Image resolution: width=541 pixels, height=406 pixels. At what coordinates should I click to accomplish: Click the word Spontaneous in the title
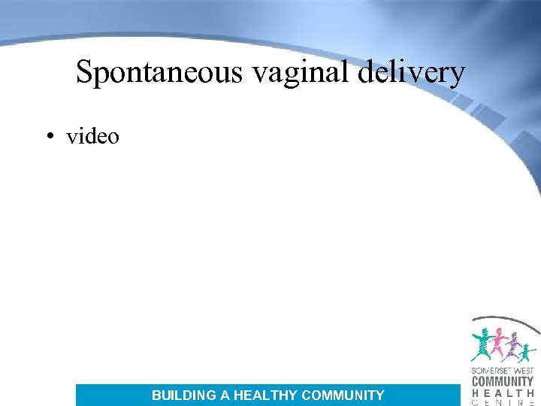[x=160, y=73]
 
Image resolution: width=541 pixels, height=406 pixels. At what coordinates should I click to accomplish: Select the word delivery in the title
[x=405, y=73]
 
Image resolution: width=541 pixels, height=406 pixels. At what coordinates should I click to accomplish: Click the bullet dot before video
[x=49, y=137]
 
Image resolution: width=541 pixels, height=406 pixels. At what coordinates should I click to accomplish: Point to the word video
[x=92, y=136]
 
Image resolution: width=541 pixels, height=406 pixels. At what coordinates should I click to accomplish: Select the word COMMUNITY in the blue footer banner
[x=343, y=395]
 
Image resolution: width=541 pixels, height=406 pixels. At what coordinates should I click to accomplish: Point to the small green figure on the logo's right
[x=528, y=350]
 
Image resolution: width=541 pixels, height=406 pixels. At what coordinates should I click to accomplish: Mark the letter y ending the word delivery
[x=458, y=76]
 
